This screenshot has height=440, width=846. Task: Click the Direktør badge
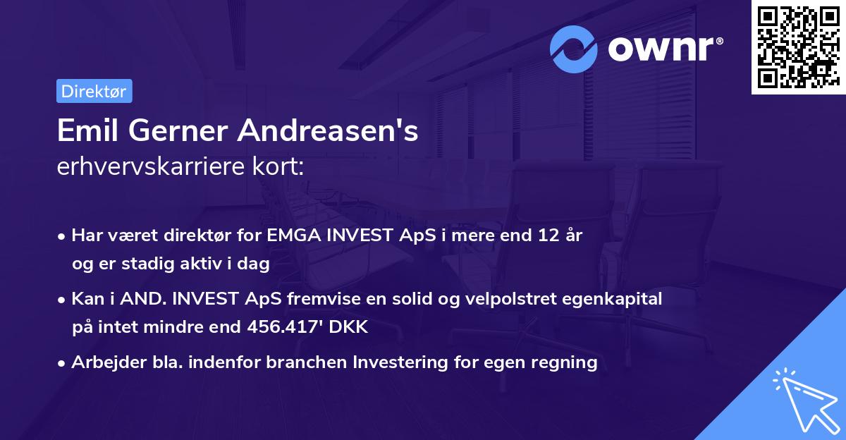[x=94, y=91]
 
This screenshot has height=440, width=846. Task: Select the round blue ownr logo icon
[x=575, y=49]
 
